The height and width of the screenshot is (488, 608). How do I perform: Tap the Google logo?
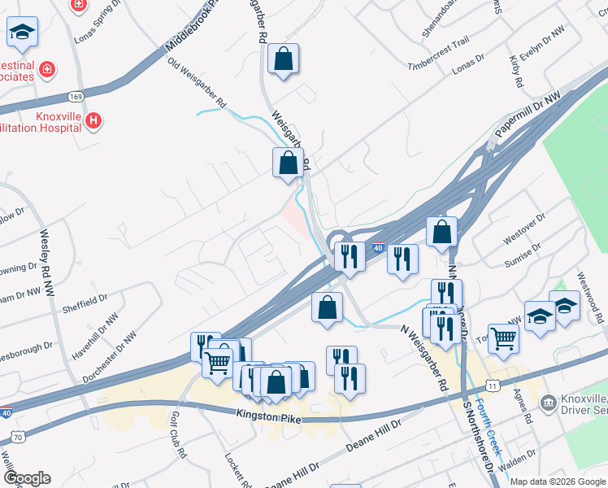(x=27, y=477)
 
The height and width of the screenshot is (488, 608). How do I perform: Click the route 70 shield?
(x=17, y=438)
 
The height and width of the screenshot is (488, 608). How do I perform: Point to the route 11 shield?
(x=493, y=383)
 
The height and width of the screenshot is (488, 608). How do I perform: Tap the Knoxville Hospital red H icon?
(x=93, y=121)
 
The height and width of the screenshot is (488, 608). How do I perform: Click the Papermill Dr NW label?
(x=526, y=115)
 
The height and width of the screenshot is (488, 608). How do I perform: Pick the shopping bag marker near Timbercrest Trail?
(x=283, y=59)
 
